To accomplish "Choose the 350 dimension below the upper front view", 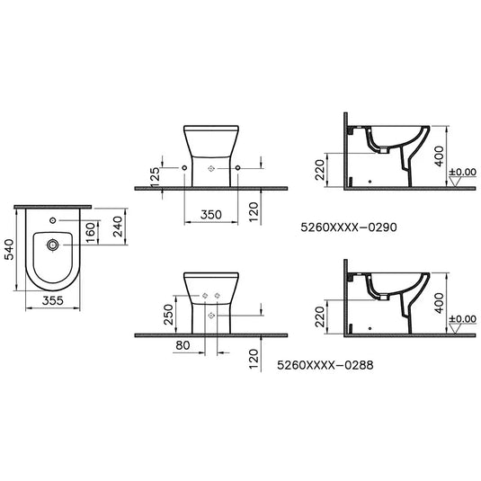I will point(210,217).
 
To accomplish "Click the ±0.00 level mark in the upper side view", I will point(464,171).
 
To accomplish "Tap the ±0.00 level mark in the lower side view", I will point(464,318).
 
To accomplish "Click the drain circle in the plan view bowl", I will point(54,244).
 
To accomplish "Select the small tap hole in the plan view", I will point(52,221).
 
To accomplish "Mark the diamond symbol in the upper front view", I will point(210,168).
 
